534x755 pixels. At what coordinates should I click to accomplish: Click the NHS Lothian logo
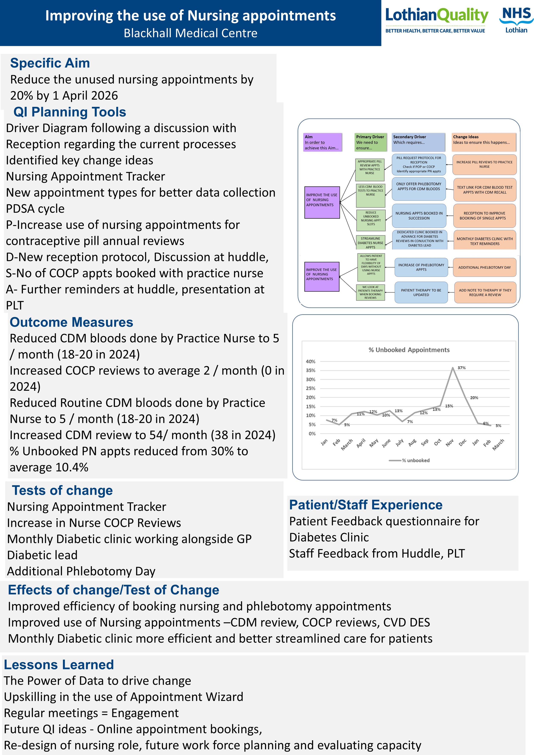click(516, 20)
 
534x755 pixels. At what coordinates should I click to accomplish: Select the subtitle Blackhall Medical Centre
click(190, 33)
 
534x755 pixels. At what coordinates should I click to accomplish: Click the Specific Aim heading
click(50, 63)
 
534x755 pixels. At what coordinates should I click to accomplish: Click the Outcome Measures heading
click(71, 322)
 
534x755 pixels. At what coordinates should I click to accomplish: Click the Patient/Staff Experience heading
click(366, 505)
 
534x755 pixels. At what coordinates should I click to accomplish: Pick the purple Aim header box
click(323, 142)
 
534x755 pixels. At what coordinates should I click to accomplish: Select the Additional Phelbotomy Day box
click(484, 267)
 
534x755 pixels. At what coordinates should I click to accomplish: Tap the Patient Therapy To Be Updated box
click(421, 292)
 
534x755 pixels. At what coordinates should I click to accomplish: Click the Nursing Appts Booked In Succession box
click(419, 216)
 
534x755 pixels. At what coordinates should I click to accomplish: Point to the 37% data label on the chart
click(461, 368)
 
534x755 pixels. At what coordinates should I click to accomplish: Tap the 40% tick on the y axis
click(310, 361)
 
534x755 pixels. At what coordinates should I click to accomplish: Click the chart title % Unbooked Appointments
click(409, 350)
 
